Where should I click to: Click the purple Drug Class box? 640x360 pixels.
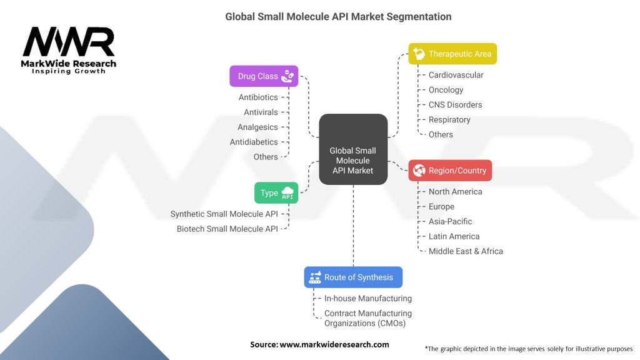coord(264,76)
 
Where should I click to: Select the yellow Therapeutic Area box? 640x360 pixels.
coord(452,54)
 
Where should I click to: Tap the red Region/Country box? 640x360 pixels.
coord(450,170)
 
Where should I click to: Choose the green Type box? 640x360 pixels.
coord(276,192)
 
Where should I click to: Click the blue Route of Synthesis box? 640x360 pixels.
coord(353,277)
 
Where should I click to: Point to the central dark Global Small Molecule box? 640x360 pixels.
coord(353,149)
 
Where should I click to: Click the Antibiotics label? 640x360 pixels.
coord(258,97)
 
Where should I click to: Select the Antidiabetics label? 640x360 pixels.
coord(254,142)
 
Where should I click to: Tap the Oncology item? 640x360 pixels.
coord(446,90)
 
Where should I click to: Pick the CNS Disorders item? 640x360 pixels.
coord(455,105)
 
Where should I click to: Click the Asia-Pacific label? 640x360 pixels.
coord(450,222)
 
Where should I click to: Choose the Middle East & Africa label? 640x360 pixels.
coord(466,251)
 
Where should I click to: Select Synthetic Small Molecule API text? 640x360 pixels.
coord(224,214)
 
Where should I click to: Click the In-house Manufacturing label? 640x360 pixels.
coord(367,298)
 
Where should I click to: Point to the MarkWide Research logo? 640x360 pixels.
coord(69,50)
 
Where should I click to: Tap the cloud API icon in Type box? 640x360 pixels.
coord(287,192)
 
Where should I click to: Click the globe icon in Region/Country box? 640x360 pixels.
coord(419,170)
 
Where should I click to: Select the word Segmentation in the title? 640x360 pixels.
coord(419,17)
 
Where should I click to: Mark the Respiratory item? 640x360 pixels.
coord(449,119)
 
